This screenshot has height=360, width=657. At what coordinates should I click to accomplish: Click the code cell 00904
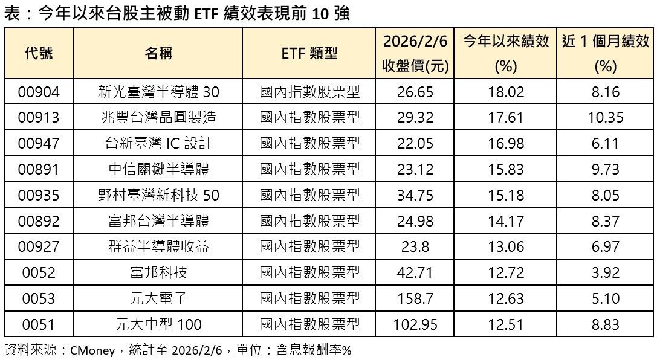pyautogui.click(x=39, y=92)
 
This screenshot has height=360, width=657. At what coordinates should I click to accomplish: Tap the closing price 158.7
pyautogui.click(x=415, y=298)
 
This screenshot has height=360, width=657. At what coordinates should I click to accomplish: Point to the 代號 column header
pyautogui.click(x=39, y=54)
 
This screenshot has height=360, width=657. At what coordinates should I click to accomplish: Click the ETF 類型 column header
pyautogui.click(x=309, y=54)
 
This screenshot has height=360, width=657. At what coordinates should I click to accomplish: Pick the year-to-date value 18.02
pyautogui.click(x=505, y=92)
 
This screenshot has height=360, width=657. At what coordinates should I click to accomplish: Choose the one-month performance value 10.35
pyautogui.click(x=605, y=118)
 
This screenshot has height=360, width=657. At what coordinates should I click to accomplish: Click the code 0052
pyautogui.click(x=39, y=272)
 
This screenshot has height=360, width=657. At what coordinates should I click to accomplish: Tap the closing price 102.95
pyautogui.click(x=415, y=324)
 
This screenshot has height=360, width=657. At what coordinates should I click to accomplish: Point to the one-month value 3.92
pyautogui.click(x=605, y=272)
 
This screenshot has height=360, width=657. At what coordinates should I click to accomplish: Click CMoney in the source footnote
pyautogui.click(x=89, y=350)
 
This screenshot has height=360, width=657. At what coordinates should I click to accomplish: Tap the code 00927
pyautogui.click(x=39, y=247)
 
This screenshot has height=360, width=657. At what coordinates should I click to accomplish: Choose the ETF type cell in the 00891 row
pyautogui.click(x=309, y=170)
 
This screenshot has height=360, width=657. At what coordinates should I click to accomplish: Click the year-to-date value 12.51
pyautogui.click(x=505, y=324)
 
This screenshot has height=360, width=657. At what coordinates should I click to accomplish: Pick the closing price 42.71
pyautogui.click(x=415, y=272)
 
